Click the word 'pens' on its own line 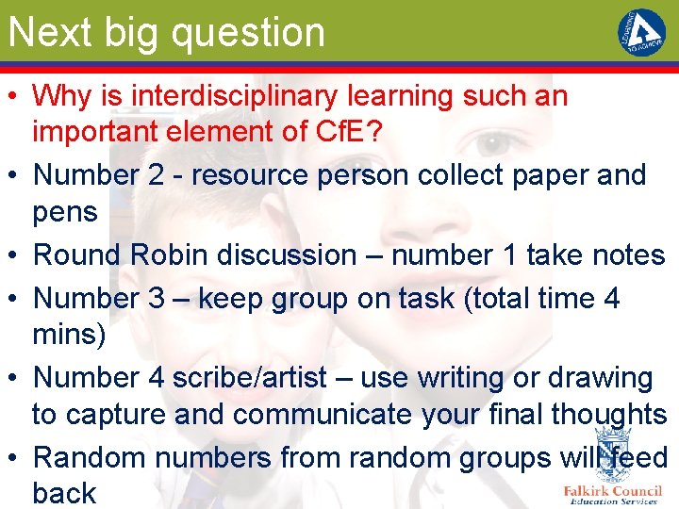(65, 211)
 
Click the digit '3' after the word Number (157, 298)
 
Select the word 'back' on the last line (64, 493)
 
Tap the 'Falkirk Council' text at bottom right (612, 490)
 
